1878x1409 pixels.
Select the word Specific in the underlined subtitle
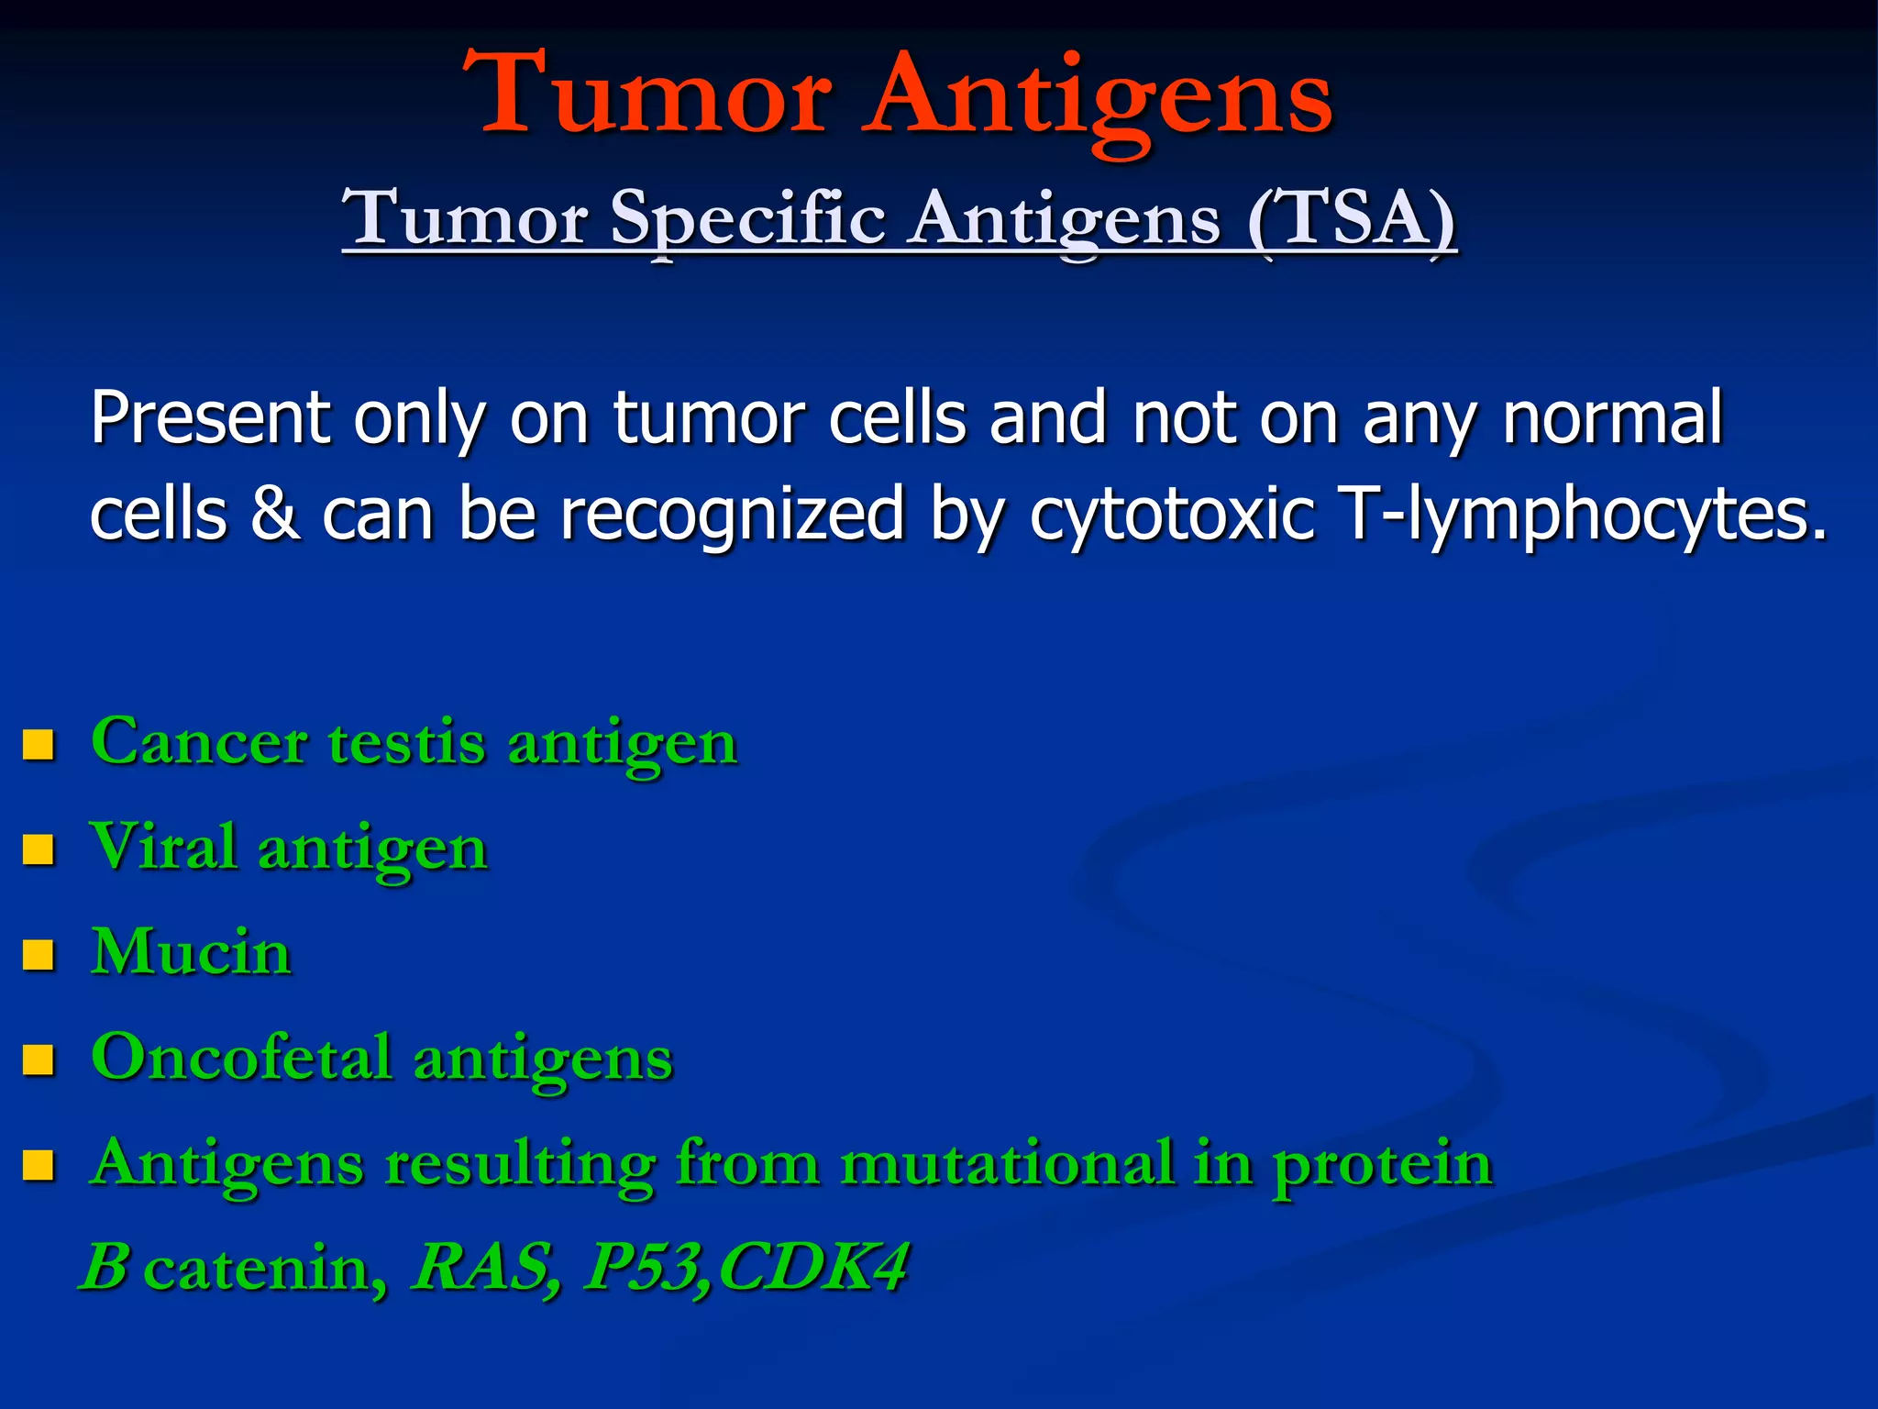click(747, 220)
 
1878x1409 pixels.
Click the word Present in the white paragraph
click(210, 418)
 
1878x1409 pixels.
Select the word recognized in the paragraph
click(732, 516)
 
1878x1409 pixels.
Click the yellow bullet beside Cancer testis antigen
click(39, 744)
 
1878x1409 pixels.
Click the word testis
click(406, 743)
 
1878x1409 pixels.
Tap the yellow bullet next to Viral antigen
click(39, 849)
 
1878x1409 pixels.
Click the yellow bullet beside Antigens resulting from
click(39, 1166)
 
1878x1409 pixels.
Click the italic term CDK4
click(812, 1268)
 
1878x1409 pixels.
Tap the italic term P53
click(646, 1268)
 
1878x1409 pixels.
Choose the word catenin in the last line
click(264, 1270)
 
